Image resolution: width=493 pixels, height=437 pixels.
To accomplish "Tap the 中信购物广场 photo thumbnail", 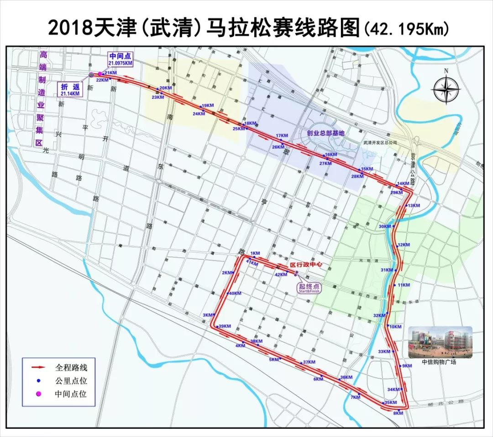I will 440,342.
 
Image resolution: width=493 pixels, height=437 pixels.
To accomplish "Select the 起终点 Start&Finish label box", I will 309,288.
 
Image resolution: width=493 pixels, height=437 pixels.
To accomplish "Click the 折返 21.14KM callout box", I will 69,89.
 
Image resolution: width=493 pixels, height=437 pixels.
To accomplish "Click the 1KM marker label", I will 255,253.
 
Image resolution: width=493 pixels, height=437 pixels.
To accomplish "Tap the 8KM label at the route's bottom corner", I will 398,413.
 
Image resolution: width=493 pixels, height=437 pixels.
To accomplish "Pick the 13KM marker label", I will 414,206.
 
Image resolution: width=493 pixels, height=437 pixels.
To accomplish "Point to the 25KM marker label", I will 239,129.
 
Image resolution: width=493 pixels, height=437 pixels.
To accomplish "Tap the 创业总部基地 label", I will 325,133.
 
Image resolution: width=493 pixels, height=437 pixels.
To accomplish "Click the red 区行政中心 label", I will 307,265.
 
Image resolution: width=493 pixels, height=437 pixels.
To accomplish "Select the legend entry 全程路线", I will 71,366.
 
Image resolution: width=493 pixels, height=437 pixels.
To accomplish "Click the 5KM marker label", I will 273,360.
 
